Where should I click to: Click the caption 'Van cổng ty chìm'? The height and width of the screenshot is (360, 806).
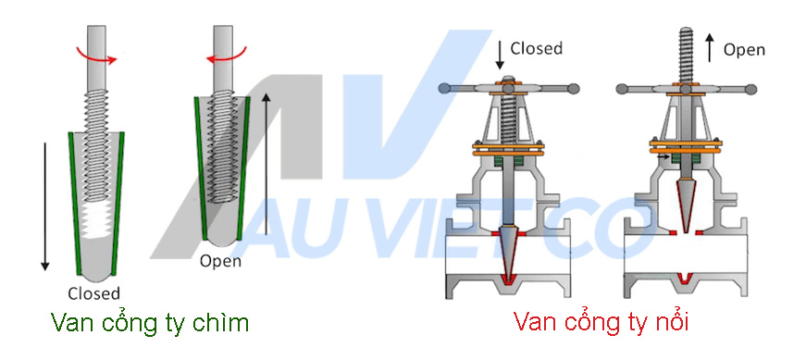150,323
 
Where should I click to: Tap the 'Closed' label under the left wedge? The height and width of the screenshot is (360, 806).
93,293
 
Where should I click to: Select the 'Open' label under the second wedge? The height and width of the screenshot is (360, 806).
221,261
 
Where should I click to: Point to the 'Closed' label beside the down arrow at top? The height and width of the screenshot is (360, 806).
537,48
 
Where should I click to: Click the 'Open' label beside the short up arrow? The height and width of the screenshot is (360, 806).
744,49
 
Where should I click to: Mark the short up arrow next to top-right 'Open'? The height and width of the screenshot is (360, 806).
708,45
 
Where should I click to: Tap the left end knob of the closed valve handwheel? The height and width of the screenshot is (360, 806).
445,89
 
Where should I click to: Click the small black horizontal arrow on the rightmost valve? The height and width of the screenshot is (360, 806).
663,158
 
